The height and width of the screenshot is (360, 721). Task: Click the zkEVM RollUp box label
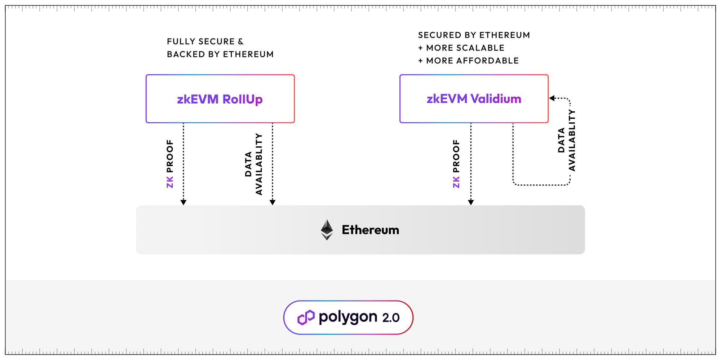coord(220,99)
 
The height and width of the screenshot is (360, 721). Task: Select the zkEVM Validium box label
coord(474,99)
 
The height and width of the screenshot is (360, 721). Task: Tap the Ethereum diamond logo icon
coord(327,230)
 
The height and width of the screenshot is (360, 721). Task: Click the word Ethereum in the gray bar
coord(370,230)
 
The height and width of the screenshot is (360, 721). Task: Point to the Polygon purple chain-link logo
coord(306,317)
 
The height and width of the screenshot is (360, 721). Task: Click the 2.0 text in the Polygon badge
coord(391,318)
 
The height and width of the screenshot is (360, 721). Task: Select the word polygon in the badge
coord(348,317)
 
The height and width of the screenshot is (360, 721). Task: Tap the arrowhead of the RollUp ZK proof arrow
coord(183,203)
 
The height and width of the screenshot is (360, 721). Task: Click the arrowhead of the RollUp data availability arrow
coord(273,203)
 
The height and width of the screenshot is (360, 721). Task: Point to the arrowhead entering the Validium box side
coord(552,98)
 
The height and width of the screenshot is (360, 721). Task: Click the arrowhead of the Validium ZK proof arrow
coord(471,203)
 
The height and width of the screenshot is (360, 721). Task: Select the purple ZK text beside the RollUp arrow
coord(170,182)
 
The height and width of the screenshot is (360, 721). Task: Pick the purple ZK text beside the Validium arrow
coord(456,182)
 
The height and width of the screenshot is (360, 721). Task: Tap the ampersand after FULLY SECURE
coord(240,41)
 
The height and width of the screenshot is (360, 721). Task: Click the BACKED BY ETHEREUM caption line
coord(220,54)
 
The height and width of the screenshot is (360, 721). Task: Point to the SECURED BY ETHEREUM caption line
coord(474,35)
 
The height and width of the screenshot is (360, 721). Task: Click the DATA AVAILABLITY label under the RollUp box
coord(253,164)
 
